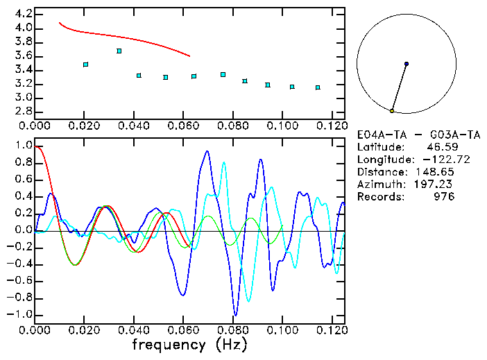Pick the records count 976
[444, 197]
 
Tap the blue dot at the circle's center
[407, 64]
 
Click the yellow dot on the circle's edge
[392, 111]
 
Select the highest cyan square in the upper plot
[119, 51]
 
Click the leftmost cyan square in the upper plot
[85, 65]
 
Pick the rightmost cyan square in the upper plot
[318, 87]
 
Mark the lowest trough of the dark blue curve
[236, 315]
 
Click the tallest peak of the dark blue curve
[206, 151]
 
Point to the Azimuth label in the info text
[379, 185]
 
